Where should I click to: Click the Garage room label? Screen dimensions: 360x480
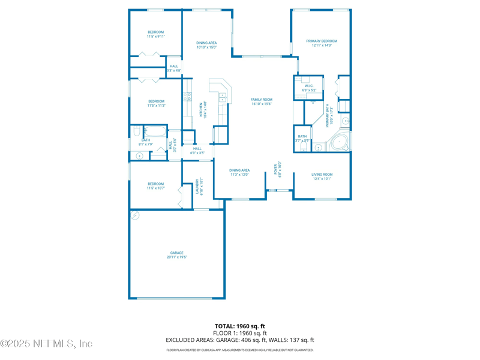177,253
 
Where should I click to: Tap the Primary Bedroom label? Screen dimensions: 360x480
322,41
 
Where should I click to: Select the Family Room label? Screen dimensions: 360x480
262,100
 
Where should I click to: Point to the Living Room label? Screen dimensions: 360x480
322,175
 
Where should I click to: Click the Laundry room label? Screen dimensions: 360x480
197,186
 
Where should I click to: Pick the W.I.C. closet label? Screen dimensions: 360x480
309,86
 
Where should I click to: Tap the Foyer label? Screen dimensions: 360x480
276,169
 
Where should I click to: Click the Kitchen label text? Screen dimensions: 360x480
201,110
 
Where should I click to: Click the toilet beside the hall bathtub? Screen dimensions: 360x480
145,130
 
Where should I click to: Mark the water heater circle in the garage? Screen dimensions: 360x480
136,215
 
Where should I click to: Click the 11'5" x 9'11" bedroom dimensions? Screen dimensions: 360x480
156,37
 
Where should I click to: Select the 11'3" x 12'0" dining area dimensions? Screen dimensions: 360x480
239,175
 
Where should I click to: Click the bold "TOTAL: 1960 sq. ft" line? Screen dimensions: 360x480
240,326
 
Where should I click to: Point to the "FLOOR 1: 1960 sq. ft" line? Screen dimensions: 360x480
240,333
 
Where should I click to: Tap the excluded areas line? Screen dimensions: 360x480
240,340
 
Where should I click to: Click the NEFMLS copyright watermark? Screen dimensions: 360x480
46,344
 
